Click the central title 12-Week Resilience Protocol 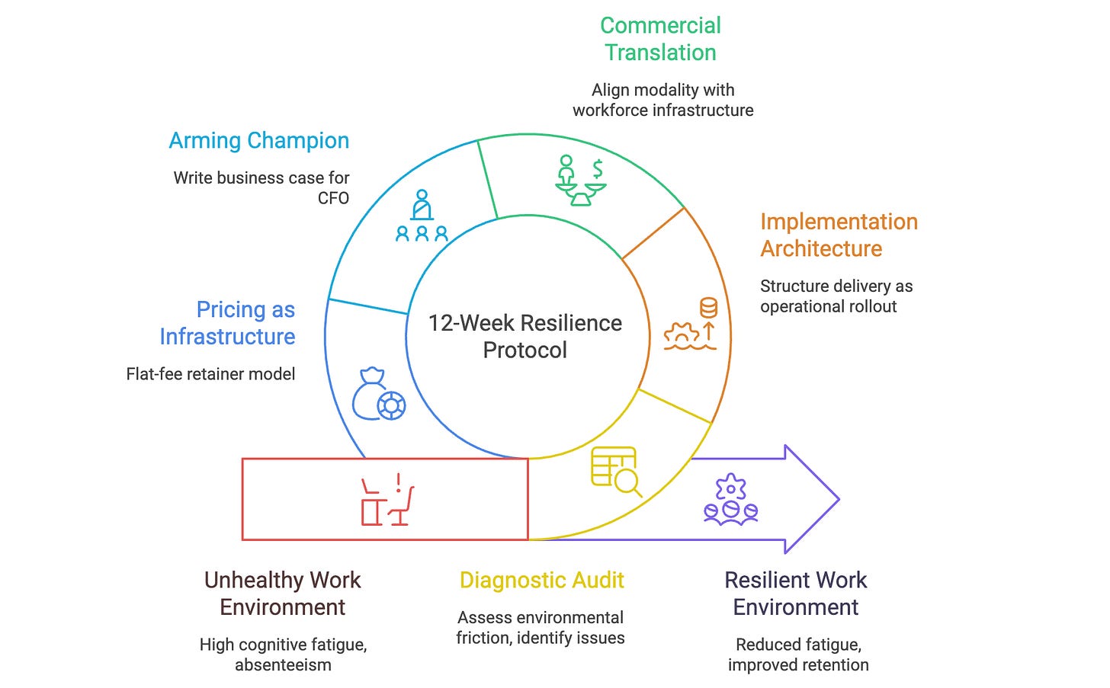point(525,336)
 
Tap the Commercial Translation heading point(660,39)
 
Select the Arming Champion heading point(259,141)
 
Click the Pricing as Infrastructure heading point(227,323)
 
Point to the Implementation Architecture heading point(839,235)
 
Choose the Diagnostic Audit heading point(542,581)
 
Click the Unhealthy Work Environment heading point(283,594)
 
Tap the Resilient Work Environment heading point(796,594)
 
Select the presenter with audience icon point(422,216)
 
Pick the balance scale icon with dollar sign point(581,181)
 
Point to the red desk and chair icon point(387,500)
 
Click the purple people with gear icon point(730,501)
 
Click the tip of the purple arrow point(838,500)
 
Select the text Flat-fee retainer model point(210,374)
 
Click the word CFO point(334,198)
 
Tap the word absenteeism point(283,665)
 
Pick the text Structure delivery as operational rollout point(836,296)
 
